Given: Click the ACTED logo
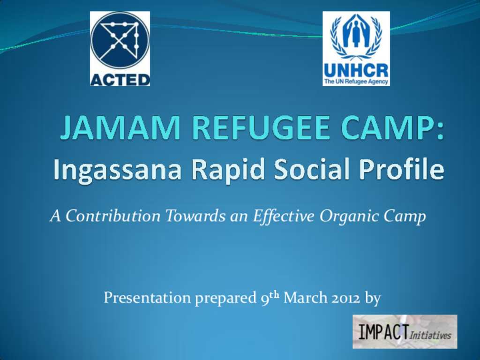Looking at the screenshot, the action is coord(120,49).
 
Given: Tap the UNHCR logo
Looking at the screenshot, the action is coord(356,49).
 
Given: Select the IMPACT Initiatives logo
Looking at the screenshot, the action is coord(405,331).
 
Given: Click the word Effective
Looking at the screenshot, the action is coord(284,217).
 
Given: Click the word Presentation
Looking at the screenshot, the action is coord(147,298).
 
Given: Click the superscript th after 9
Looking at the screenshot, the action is coord(274,295).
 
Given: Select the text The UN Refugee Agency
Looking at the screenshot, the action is coord(356,82).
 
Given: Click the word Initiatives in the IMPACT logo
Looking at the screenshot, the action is coord(430,335).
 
